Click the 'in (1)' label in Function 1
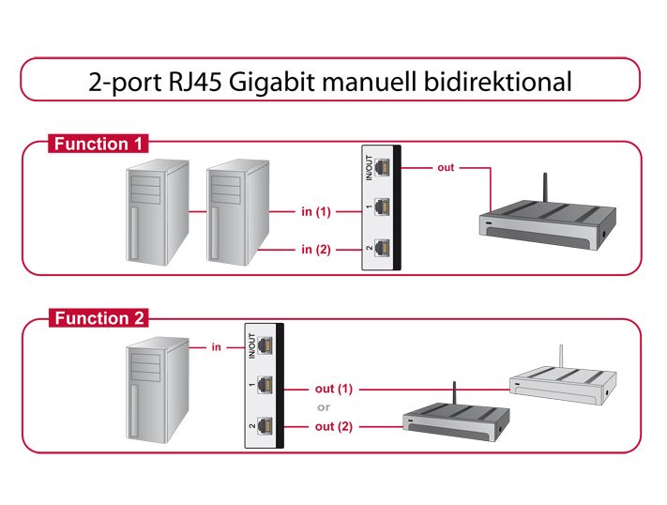click(x=316, y=212)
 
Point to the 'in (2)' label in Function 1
click(x=316, y=250)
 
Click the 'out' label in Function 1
click(x=446, y=168)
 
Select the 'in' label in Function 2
click(x=216, y=347)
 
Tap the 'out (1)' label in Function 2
click(x=334, y=389)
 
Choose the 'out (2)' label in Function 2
click(x=334, y=427)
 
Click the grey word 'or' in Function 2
click(x=324, y=407)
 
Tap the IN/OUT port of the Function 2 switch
click(x=265, y=345)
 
